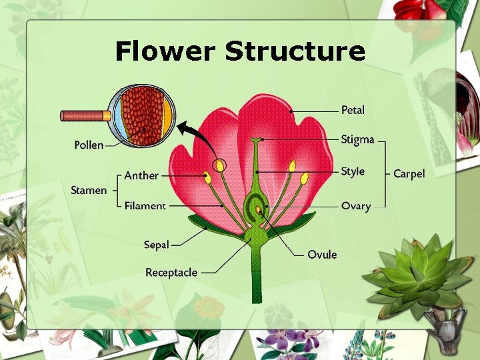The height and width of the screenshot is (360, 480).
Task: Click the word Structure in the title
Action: pos(295,51)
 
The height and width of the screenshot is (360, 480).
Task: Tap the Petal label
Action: pos(353,110)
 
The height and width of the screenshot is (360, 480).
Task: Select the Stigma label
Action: pos(357,140)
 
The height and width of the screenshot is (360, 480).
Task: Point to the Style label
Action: pos(353,171)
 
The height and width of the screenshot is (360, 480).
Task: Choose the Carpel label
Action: pos(409,174)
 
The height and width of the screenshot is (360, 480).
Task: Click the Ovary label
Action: pos(355,206)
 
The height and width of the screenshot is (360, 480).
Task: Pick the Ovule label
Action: pos(322,254)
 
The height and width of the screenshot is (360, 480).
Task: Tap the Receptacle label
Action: pos(171,272)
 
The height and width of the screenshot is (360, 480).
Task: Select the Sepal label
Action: pos(156,245)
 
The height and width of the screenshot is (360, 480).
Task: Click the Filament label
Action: pos(145,206)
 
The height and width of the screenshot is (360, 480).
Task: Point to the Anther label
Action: pos(141,176)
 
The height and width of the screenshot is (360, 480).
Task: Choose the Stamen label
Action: pos(89,191)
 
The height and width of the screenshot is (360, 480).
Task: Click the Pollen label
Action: pos(89,145)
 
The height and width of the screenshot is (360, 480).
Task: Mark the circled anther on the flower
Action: pos(219,165)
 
